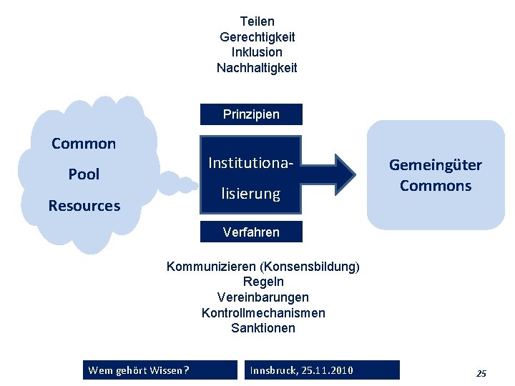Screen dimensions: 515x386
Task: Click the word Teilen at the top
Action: [x=257, y=21]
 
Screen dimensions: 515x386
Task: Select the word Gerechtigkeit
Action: [x=257, y=36]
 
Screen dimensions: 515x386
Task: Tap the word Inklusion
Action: [x=257, y=52]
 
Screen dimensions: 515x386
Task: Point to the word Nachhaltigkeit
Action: [x=257, y=68]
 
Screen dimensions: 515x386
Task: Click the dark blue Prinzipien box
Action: [x=251, y=114]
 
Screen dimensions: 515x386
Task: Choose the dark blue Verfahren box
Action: [x=251, y=232]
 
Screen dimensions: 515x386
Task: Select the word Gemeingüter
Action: [x=436, y=165]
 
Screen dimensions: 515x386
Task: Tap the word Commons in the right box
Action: [x=436, y=186]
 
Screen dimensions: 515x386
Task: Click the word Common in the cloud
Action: [x=84, y=144]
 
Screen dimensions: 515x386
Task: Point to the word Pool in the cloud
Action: [x=84, y=174]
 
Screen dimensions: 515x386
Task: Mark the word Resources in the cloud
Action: [x=84, y=206]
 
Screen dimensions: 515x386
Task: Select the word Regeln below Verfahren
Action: [x=263, y=282]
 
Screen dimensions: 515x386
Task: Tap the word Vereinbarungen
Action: [x=263, y=297]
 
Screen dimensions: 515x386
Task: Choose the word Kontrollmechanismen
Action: [x=263, y=313]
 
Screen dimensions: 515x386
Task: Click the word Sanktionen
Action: [x=263, y=329]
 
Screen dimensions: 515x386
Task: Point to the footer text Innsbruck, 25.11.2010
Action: [x=301, y=370]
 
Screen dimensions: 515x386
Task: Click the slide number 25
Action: [x=481, y=373]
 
